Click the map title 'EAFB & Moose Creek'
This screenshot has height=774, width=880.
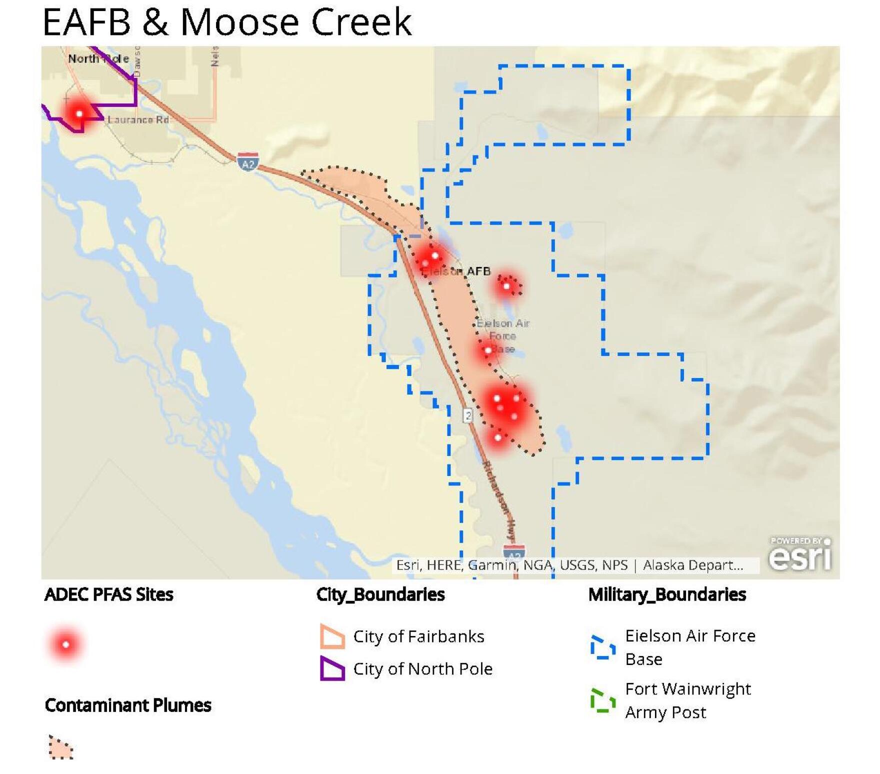click(227, 22)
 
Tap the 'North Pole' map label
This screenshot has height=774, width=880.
click(98, 59)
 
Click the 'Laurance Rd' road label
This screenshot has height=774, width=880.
click(138, 120)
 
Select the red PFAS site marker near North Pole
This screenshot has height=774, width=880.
click(79, 114)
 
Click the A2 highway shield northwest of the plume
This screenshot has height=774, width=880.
click(248, 161)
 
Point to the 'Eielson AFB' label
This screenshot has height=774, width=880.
click(456, 271)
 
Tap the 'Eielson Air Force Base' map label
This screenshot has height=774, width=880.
click(502, 335)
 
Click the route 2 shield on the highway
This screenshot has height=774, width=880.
click(468, 415)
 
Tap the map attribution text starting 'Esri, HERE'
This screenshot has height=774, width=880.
click(569, 565)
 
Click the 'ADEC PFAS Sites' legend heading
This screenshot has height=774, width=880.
click(109, 594)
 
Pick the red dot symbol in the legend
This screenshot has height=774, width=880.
click(66, 644)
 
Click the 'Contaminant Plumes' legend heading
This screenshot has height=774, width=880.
click(128, 705)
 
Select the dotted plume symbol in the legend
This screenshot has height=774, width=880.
click(61, 747)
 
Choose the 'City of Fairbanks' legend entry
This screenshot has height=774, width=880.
click(418, 636)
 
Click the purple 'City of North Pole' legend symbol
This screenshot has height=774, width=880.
click(332, 668)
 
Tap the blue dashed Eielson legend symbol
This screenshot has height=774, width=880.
click(602, 647)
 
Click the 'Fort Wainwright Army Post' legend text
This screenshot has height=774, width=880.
click(687, 700)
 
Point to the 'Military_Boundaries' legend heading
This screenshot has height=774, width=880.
click(667, 594)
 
